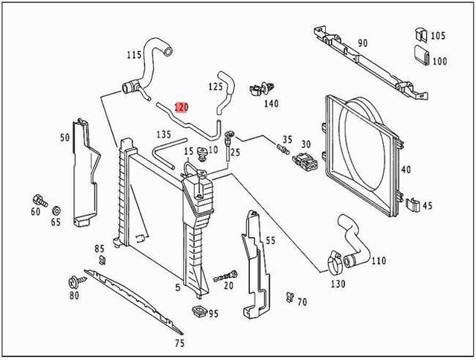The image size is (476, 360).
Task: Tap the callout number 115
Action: point(134,55)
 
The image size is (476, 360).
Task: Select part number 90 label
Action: point(362,43)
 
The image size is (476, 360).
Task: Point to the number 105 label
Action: point(438,36)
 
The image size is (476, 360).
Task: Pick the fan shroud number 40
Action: point(405,170)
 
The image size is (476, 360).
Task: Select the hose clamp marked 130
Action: point(335,262)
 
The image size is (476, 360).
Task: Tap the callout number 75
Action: point(179,343)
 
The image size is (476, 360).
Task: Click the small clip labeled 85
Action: point(102,260)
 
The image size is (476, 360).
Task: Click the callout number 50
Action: point(65,137)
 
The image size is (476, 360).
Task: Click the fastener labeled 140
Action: point(260,87)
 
